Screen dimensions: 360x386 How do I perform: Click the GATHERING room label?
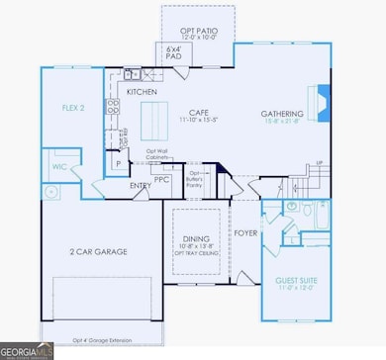point(282,113)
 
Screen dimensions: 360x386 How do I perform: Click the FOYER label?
point(244,234)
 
